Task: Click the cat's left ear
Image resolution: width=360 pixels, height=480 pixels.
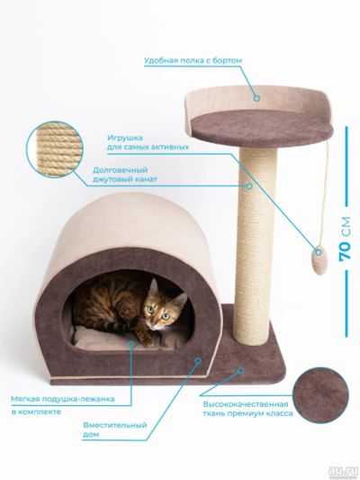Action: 154,287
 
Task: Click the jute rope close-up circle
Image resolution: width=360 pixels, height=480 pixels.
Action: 55,149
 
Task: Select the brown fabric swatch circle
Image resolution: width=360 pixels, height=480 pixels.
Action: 320,395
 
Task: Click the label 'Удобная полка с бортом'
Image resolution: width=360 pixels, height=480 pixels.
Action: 193,60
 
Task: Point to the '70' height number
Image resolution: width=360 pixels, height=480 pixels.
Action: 345,250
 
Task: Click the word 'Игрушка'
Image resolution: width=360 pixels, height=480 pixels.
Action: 125,138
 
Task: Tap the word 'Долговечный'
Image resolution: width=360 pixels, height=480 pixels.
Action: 120,170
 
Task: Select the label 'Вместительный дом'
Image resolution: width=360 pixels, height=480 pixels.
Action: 114,430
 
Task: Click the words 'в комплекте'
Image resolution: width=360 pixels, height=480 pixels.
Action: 36,412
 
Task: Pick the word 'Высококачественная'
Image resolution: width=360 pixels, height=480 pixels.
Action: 246,404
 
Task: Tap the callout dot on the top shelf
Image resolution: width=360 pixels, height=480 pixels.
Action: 256,98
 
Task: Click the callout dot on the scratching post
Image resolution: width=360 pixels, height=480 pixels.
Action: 250,186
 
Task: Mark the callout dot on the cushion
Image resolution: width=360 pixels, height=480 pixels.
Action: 131,344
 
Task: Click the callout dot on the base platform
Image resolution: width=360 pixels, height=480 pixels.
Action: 241,371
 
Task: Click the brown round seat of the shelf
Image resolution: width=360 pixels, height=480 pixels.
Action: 262,128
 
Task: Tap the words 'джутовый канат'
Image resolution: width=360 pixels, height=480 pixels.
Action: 125,179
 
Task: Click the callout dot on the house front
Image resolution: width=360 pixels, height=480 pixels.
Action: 198,360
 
